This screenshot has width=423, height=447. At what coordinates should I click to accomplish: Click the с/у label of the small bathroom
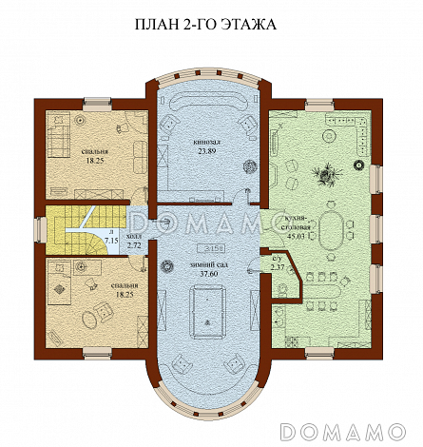(277, 257)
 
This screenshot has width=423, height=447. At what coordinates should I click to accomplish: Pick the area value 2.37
(277, 266)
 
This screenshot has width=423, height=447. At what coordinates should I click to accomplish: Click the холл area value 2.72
(134, 245)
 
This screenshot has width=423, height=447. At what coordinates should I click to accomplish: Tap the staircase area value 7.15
(110, 241)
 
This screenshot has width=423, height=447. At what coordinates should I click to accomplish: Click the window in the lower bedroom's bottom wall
(95, 353)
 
